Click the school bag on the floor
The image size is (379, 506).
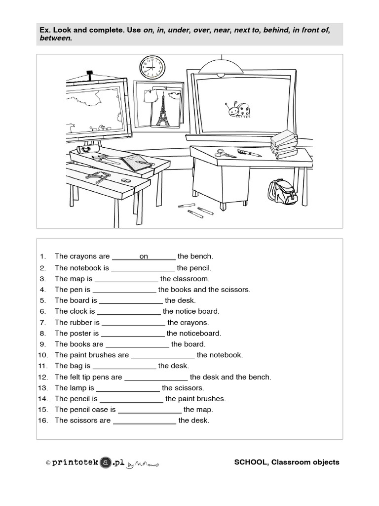click(x=282, y=192)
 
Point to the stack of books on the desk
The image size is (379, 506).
click(x=284, y=143)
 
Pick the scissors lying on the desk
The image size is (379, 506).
click(x=226, y=154)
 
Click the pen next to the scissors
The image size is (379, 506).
click(x=249, y=153)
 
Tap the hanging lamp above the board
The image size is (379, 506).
click(x=221, y=65)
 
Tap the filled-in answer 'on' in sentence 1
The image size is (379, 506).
click(x=144, y=256)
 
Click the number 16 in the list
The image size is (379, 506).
click(x=42, y=421)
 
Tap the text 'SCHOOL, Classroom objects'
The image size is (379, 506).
click(x=287, y=463)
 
